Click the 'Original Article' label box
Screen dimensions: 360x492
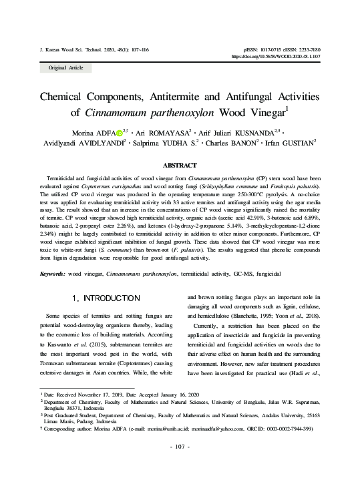tap(62, 68)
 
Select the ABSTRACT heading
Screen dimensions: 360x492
tap(180, 165)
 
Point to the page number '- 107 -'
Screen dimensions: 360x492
tap(180, 465)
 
